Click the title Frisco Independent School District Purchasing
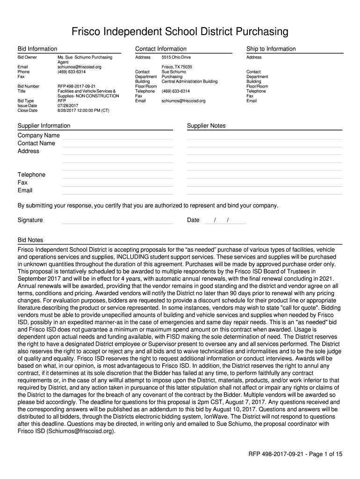[180, 32]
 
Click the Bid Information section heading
[37, 49]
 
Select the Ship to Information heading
[271, 49]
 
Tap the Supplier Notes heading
[206, 126]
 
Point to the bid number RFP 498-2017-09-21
[76, 87]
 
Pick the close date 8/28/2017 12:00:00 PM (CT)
[83, 111]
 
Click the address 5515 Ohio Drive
[176, 58]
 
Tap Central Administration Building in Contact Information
[189, 81]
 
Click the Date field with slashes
[225, 220]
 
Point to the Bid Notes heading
[30, 240]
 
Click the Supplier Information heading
[44, 126]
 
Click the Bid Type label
[26, 101]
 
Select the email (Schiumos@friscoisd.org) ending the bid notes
[80, 431]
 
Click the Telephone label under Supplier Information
[32, 174]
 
